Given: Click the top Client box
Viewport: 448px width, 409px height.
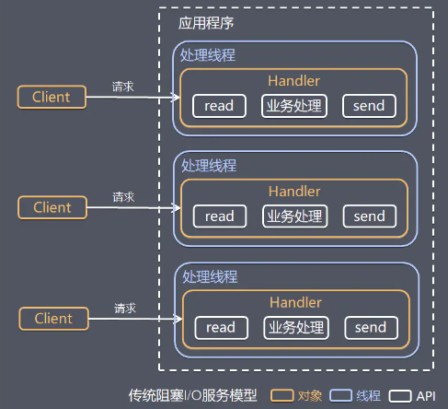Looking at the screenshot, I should point(51,97).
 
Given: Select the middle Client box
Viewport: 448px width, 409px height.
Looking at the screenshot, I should point(52,207).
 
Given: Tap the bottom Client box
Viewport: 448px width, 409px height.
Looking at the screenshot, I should point(52,319).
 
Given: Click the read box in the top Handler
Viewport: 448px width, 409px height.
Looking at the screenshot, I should point(219,106).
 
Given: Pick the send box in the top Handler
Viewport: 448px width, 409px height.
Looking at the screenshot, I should point(369,106).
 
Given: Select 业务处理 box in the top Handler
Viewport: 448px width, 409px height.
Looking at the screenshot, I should point(293,106).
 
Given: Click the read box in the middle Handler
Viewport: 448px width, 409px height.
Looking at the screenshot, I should point(220,216).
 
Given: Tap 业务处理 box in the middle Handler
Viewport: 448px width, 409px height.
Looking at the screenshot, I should point(294,216).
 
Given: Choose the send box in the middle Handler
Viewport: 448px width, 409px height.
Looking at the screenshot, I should point(370,216).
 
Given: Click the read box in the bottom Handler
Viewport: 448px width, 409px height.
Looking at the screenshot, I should point(221,327).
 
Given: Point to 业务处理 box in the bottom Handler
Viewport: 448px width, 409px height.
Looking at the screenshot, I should point(295,327).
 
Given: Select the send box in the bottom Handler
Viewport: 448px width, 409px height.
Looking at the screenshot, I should point(371,327).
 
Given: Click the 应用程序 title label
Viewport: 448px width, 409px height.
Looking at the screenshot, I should point(206,22).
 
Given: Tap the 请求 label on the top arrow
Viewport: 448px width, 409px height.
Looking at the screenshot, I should point(123,86).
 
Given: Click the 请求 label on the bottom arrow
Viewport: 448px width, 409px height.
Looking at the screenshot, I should point(125,308).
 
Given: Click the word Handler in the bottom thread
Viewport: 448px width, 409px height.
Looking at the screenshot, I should point(295,302).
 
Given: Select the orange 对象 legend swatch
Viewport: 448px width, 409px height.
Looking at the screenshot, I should point(282,396).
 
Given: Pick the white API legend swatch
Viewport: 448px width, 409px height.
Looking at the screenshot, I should point(400,396).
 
